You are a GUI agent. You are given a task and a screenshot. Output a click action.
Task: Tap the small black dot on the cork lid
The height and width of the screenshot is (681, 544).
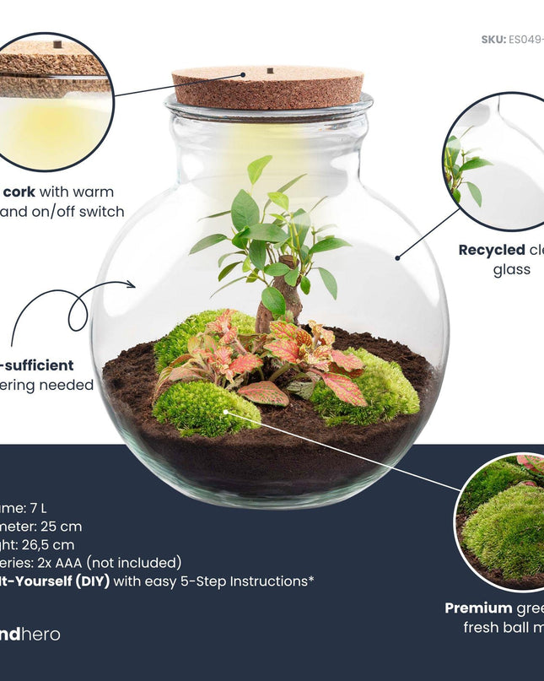coord(269,70)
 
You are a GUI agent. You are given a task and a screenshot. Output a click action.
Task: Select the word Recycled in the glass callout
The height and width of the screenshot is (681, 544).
coord(491,250)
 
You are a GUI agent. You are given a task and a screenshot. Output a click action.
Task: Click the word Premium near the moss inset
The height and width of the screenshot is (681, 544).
coord(477,608)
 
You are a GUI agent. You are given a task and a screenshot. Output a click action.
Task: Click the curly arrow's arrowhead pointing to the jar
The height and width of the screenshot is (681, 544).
coord(131,285)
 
